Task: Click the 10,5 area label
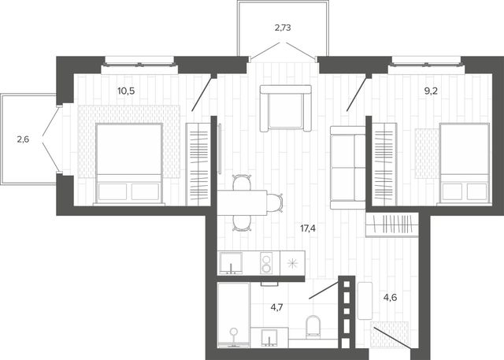(126, 91)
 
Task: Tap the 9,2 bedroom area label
(431, 91)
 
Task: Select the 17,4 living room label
(308, 228)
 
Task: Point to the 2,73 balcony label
(283, 28)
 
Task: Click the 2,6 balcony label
(23, 139)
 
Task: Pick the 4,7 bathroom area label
(276, 307)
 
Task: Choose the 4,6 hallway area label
(390, 298)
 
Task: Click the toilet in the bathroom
(313, 327)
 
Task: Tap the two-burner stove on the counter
(266, 263)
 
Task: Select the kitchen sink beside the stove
(231, 263)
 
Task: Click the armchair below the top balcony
(285, 109)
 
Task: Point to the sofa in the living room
(348, 168)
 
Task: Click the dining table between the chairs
(242, 202)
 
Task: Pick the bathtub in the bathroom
(234, 315)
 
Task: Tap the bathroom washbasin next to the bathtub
(269, 337)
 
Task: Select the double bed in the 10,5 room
(129, 164)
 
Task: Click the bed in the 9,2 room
(465, 163)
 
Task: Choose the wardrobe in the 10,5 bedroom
(198, 164)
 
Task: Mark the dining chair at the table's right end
(275, 202)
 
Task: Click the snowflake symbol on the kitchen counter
(292, 264)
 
